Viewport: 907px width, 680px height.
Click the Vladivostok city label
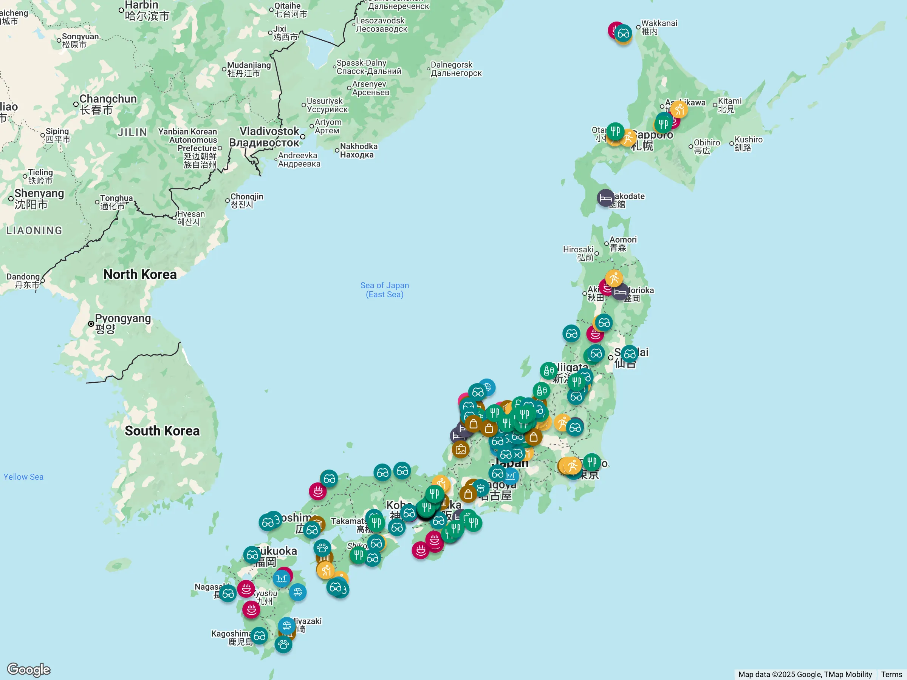(269, 136)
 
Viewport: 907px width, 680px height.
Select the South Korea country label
(162, 431)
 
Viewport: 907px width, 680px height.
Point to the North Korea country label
(140, 274)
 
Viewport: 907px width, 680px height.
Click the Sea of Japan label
(384, 289)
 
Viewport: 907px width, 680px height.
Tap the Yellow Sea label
(23, 477)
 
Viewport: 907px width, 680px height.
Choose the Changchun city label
(107, 104)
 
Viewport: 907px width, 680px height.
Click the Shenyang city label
(39, 198)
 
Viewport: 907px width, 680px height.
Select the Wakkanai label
(658, 27)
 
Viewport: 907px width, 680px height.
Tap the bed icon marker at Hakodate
(605, 198)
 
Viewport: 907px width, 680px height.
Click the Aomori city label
(622, 243)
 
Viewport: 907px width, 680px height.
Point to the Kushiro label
(748, 144)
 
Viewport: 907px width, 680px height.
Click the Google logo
(29, 670)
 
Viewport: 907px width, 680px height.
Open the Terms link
(892, 674)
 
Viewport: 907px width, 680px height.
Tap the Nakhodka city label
(358, 150)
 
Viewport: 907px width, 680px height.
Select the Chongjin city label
(246, 201)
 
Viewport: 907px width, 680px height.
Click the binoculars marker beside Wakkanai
(623, 34)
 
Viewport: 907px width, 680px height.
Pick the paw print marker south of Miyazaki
(283, 644)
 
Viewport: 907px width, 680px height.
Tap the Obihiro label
(706, 146)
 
